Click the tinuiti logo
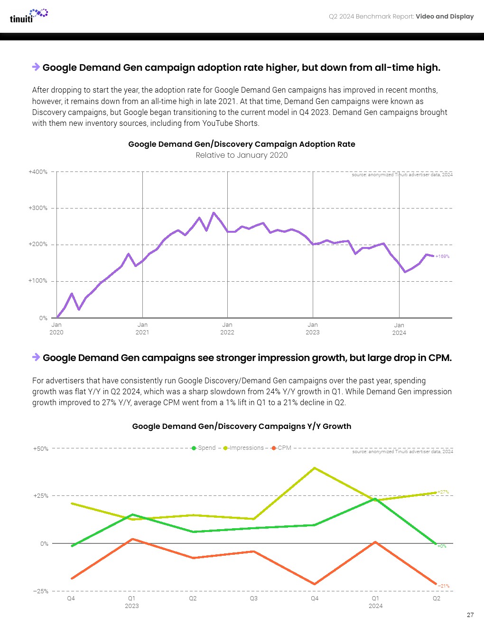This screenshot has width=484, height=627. pyautogui.click(x=28, y=16)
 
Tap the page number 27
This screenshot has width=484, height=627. pyautogui.click(x=470, y=615)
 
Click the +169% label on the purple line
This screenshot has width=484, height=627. pyautogui.click(x=442, y=256)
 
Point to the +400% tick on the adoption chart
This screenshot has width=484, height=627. pyautogui.click(x=38, y=172)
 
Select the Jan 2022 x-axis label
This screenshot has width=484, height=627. pyautogui.click(x=227, y=329)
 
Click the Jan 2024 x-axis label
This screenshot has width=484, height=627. pyautogui.click(x=399, y=329)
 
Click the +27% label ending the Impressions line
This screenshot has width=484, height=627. pyautogui.click(x=443, y=492)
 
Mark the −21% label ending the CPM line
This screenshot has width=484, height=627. pyautogui.click(x=443, y=586)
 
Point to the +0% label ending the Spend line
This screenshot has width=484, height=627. pyautogui.click(x=442, y=546)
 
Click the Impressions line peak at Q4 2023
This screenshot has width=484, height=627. pyautogui.click(x=315, y=468)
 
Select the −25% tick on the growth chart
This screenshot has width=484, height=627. pyautogui.click(x=41, y=591)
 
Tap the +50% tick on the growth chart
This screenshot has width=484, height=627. pyautogui.click(x=41, y=449)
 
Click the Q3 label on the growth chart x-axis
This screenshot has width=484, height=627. pyautogui.click(x=254, y=598)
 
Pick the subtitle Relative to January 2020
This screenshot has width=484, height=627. pyautogui.click(x=242, y=155)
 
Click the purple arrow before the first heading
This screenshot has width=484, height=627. pyautogui.click(x=36, y=67)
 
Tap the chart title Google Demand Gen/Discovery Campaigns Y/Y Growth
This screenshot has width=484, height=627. pyautogui.click(x=242, y=427)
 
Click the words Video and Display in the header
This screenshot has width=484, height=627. pyautogui.click(x=445, y=17)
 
